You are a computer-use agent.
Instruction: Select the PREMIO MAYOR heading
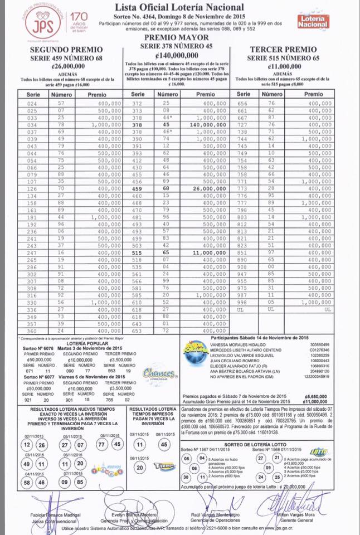click(179, 36)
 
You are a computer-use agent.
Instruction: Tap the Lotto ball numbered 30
click(187, 477)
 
